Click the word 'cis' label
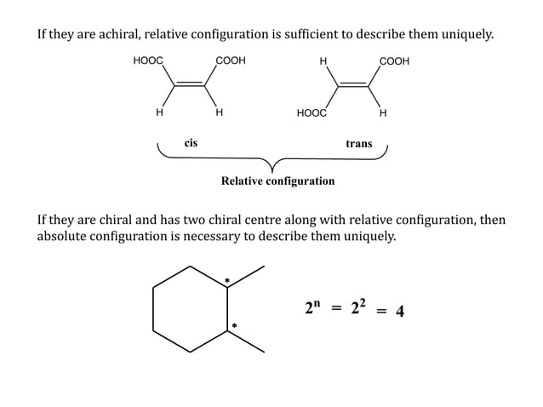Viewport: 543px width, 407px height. click(x=191, y=143)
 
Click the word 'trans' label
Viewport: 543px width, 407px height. click(x=358, y=144)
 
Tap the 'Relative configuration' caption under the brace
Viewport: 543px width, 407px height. click(x=277, y=181)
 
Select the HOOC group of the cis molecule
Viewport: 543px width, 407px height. click(x=148, y=61)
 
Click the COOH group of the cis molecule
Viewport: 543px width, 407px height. click(x=231, y=61)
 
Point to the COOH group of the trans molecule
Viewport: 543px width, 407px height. click(x=394, y=61)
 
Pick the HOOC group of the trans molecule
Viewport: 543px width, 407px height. click(x=311, y=112)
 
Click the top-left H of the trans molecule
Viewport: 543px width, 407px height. click(x=323, y=61)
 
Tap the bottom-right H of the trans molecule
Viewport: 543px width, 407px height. click(x=383, y=112)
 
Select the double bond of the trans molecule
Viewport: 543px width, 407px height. click(x=352, y=83)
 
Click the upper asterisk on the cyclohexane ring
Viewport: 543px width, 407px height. click(x=227, y=280)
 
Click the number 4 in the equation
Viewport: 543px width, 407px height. click(x=399, y=311)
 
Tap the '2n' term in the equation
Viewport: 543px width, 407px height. click(x=312, y=308)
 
